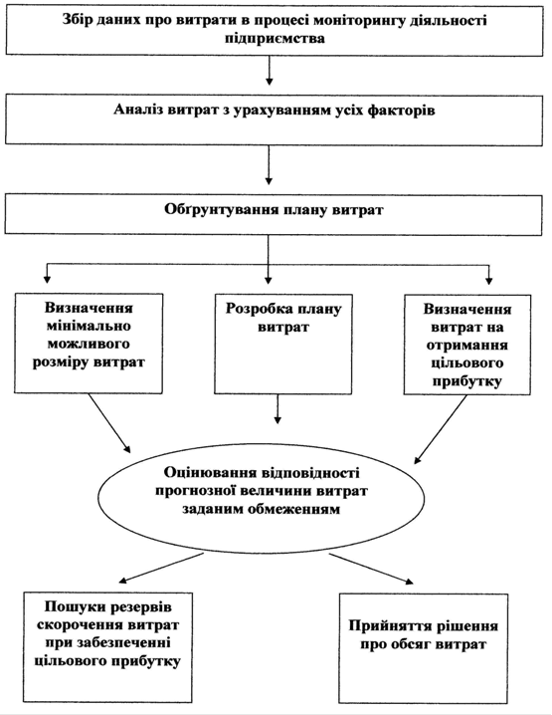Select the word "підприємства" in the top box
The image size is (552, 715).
coord(275,38)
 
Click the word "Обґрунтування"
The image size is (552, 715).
coord(222,210)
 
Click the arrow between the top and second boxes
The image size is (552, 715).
coord(270,71)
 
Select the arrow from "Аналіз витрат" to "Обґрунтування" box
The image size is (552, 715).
coord(269,165)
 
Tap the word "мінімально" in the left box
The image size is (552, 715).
coord(89,326)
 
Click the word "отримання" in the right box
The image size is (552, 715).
coord(466,346)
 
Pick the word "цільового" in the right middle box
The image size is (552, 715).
coord(467,362)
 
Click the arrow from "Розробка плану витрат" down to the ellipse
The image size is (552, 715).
coord(277,409)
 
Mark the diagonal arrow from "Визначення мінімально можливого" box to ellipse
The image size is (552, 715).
coord(109,423)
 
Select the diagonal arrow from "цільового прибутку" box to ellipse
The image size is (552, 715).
coord(441,429)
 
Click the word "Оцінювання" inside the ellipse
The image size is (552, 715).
coord(211,473)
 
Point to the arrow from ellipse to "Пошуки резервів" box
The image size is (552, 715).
coord(161,569)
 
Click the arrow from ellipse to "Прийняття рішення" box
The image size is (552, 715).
coord(371,569)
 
